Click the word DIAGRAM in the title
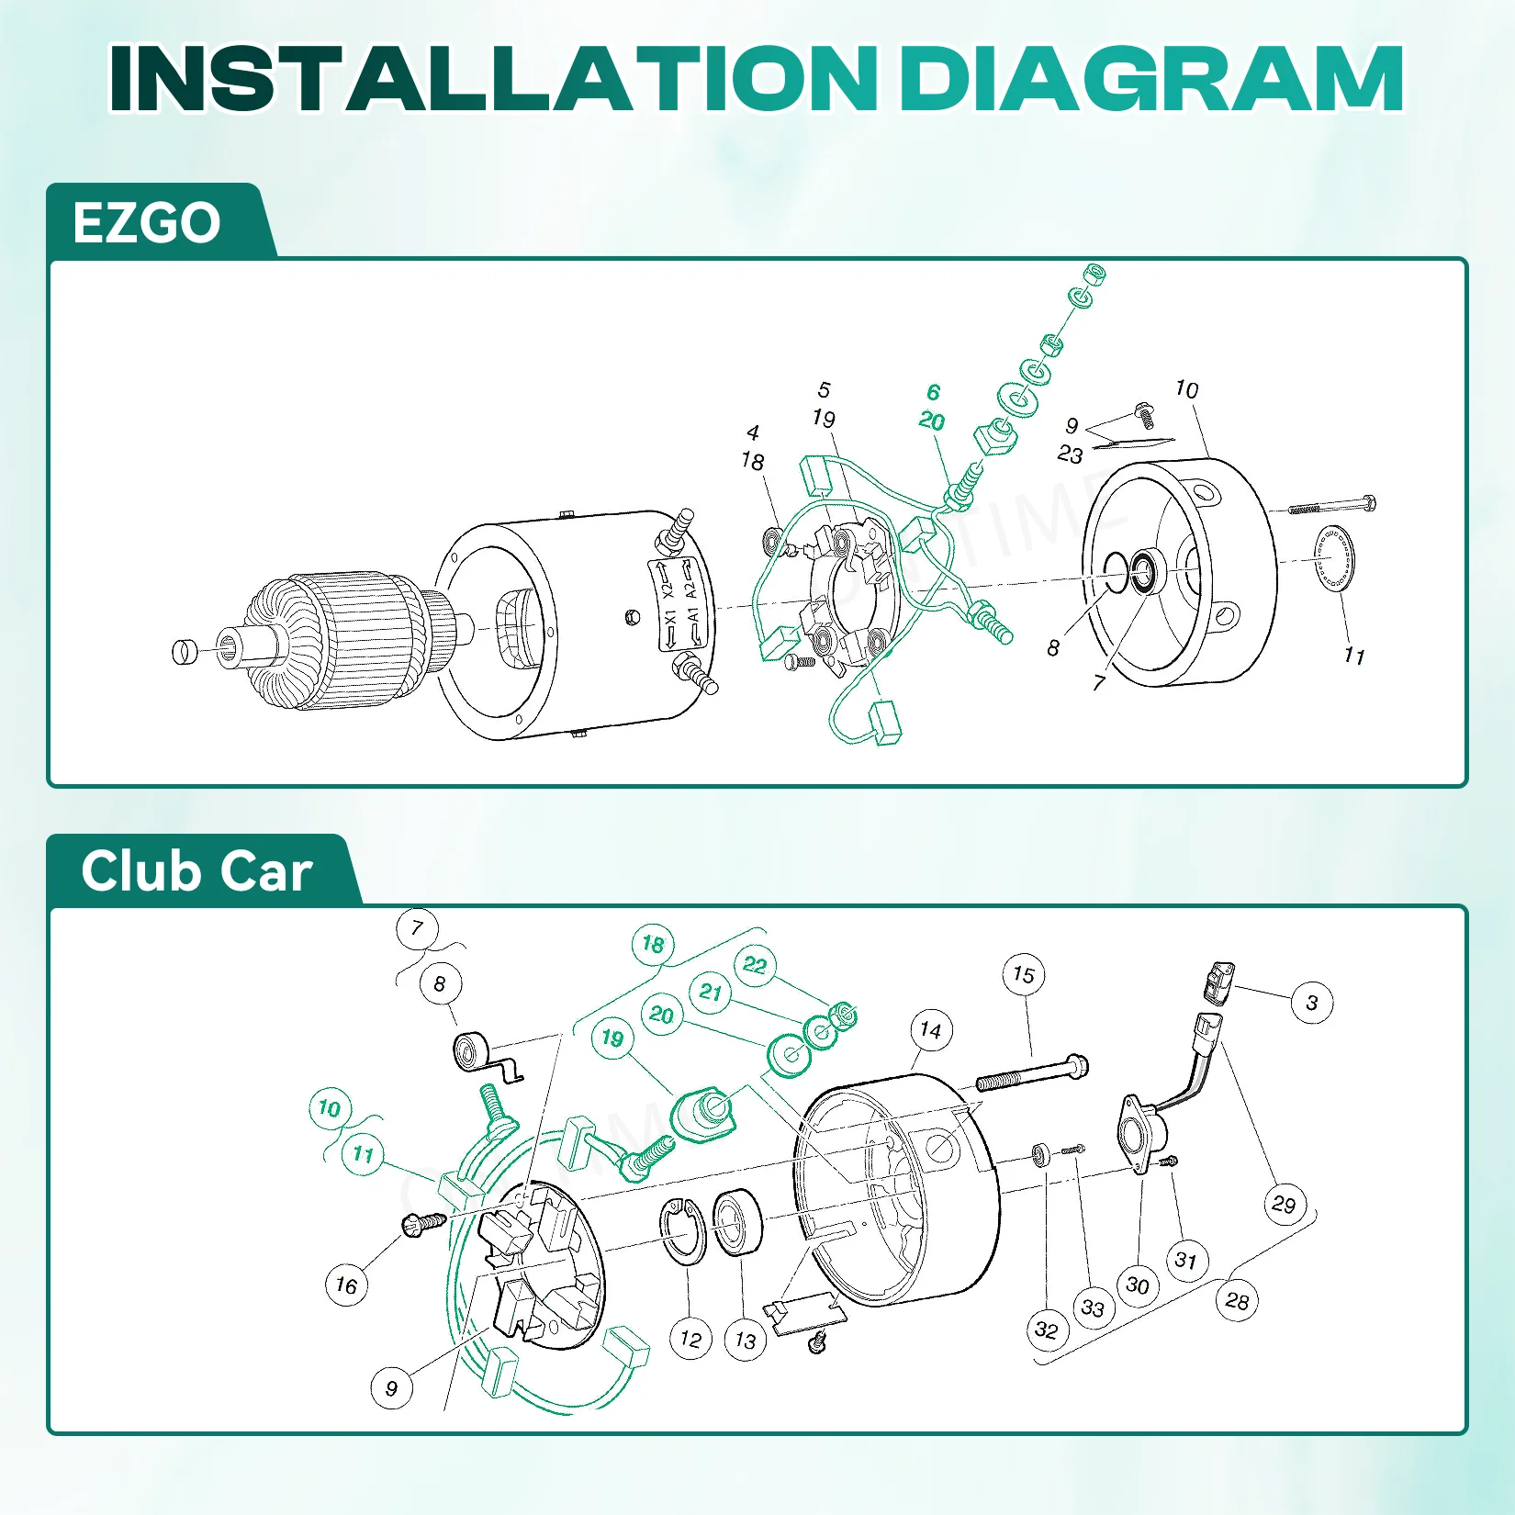(x=1151, y=79)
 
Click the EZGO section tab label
(x=147, y=223)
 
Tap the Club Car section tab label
(x=196, y=871)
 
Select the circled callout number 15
(x=1024, y=975)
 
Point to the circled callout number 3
(x=1312, y=1003)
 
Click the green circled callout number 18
(x=653, y=944)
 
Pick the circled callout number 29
(x=1285, y=1205)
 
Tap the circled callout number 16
(x=346, y=1285)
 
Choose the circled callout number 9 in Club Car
(x=392, y=1387)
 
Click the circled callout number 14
(x=931, y=1031)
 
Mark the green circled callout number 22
(x=755, y=965)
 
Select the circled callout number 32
(x=1047, y=1330)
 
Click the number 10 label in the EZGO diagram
(x=1187, y=389)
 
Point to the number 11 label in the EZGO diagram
(x=1354, y=656)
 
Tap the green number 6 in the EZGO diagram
(x=934, y=392)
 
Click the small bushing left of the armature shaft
(x=185, y=651)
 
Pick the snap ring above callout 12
(x=682, y=1231)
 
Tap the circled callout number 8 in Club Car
(x=440, y=984)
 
